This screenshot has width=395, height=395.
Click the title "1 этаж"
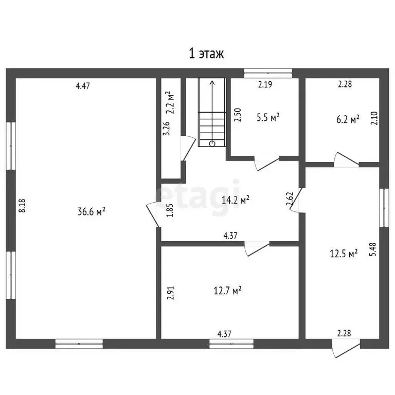point(206,53)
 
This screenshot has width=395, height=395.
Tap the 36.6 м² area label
point(91,211)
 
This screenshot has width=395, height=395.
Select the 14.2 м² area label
point(236,200)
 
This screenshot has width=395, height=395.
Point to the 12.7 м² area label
point(228,291)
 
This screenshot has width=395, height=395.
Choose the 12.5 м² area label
point(344,254)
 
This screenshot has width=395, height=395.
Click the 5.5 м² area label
point(268,117)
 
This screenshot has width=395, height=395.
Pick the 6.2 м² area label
point(348,119)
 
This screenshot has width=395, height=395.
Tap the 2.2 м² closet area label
point(171,102)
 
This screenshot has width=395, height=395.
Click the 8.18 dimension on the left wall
point(23,206)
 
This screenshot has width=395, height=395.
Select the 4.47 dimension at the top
point(83,86)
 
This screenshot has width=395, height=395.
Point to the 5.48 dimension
point(372,249)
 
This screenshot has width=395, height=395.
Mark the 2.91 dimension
point(171,293)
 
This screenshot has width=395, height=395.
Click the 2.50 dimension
point(238,115)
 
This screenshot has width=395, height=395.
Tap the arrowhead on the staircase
point(212,83)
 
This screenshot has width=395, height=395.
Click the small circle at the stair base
point(212,144)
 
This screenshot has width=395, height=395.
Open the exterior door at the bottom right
point(346,348)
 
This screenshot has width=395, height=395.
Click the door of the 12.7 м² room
point(257,248)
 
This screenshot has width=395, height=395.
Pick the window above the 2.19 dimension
point(268,73)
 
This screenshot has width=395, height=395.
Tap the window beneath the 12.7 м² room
point(231,344)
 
